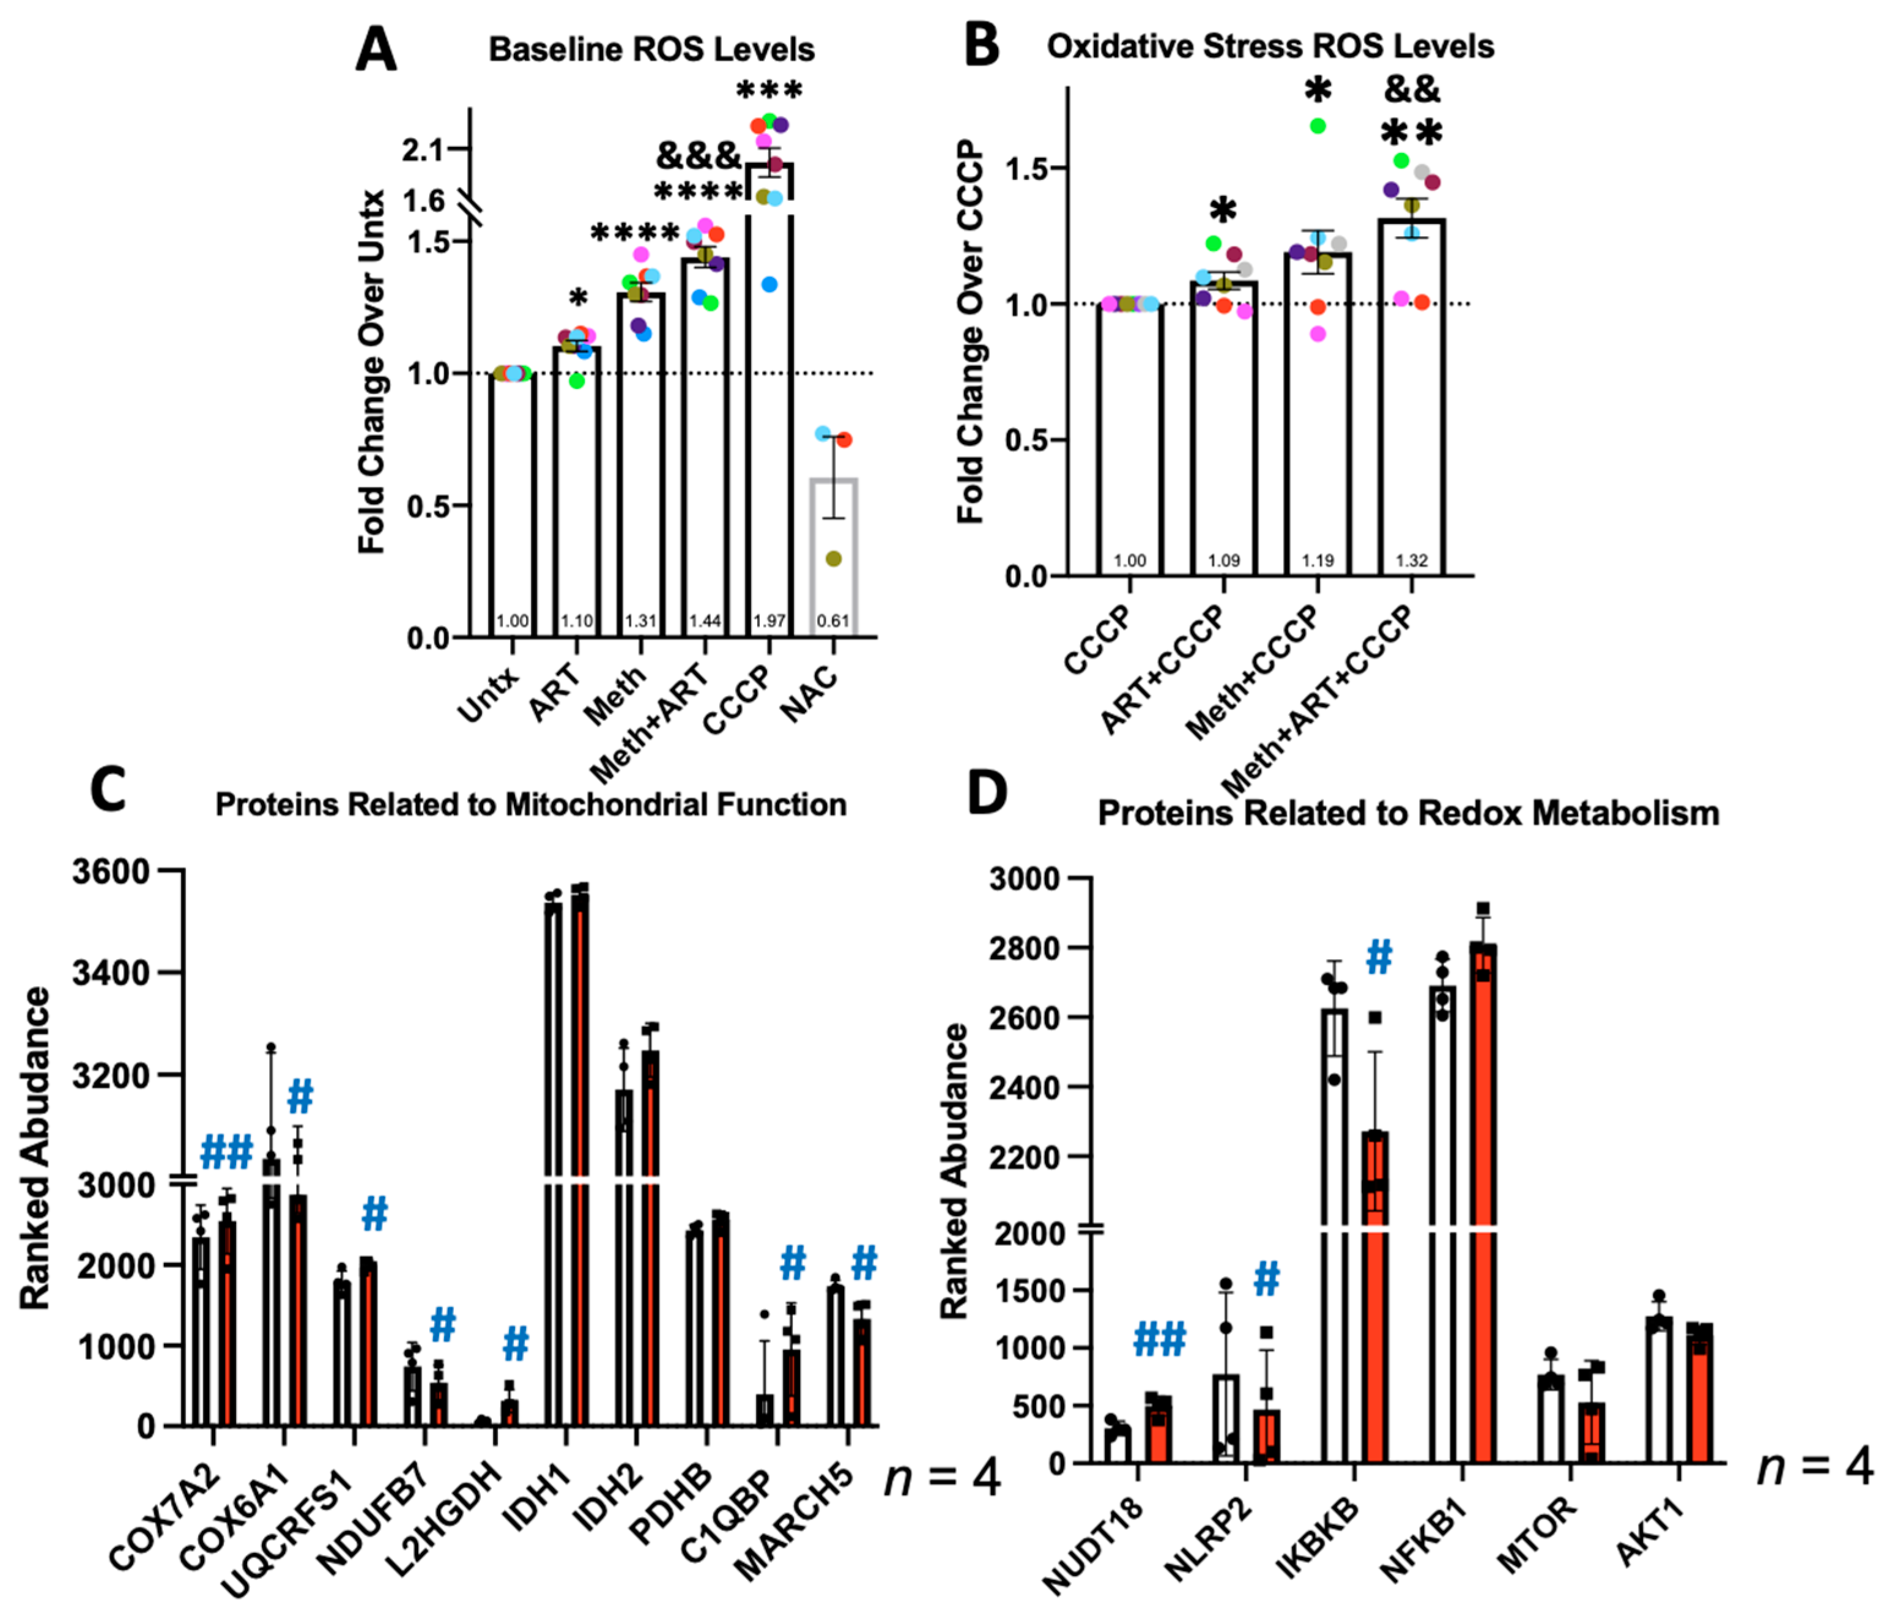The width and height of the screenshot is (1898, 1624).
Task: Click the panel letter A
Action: click(x=376, y=50)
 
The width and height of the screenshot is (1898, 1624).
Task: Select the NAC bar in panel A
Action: click(x=832, y=549)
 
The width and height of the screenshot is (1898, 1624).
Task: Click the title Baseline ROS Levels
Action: click(x=651, y=50)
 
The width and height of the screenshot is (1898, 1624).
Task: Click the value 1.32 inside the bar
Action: click(x=1412, y=560)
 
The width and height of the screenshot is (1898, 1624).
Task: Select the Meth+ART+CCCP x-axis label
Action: click(x=1319, y=701)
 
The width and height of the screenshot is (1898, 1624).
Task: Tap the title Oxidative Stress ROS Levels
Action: click(x=1270, y=46)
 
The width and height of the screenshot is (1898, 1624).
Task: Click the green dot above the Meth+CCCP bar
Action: click(x=1318, y=127)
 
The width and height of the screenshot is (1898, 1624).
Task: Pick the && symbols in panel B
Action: click(x=1412, y=90)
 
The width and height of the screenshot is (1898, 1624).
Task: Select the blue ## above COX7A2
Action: click(x=226, y=1152)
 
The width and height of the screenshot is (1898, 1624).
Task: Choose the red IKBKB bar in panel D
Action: click(x=1375, y=1300)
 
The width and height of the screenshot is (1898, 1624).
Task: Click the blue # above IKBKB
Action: click(x=1379, y=958)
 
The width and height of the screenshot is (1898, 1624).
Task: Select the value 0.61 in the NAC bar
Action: click(x=832, y=621)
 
